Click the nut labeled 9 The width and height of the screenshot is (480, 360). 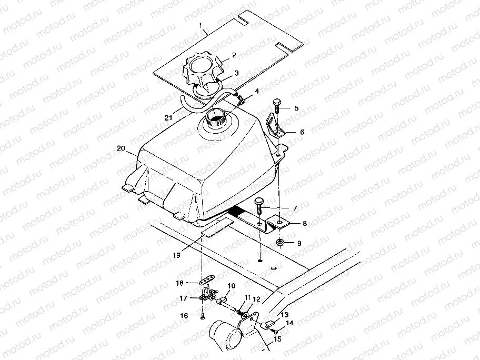pos(281,243)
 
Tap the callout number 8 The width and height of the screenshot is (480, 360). pos(304,223)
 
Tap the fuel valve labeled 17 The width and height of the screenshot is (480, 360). pos(205,298)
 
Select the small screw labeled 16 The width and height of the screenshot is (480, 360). pos(203,316)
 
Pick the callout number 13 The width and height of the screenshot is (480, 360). pos(285,314)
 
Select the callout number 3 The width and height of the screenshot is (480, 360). pos(236,73)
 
